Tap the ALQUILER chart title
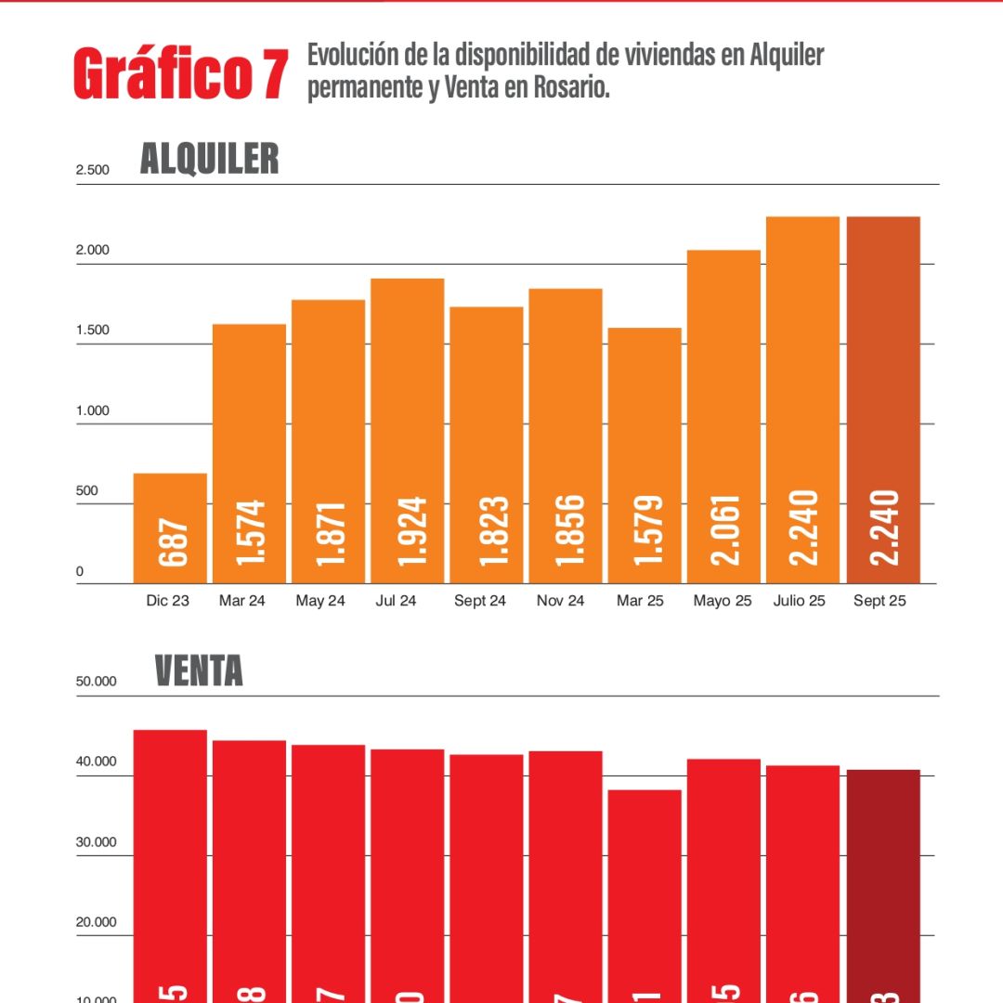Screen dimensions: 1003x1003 click(x=209, y=159)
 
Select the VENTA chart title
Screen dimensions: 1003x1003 click(x=198, y=671)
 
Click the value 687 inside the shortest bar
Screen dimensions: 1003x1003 click(x=173, y=543)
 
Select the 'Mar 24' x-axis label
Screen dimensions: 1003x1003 click(x=242, y=601)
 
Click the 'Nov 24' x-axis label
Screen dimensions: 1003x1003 click(x=561, y=601)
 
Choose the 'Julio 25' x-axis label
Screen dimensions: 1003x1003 click(x=799, y=601)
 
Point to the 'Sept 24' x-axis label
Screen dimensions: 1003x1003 click(x=480, y=601)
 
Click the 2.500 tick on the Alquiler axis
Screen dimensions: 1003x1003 click(x=93, y=170)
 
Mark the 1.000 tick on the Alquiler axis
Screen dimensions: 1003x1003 click(x=93, y=410)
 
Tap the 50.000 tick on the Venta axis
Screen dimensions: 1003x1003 click(x=97, y=681)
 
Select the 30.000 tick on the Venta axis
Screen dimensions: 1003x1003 click(x=97, y=842)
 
